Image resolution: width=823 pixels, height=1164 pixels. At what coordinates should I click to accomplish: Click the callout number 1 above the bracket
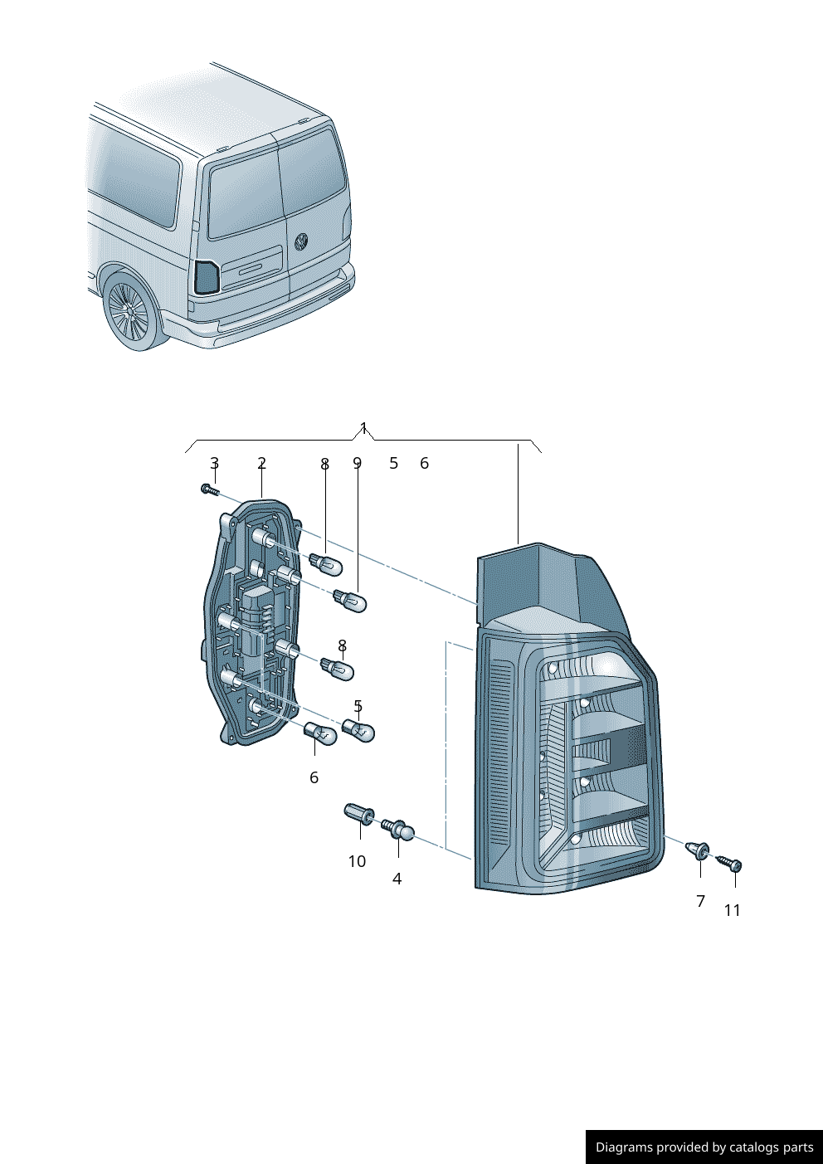[x=363, y=428]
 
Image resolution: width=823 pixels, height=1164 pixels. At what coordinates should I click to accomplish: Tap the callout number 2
[x=261, y=462]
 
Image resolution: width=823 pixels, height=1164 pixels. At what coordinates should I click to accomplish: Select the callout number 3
[x=214, y=462]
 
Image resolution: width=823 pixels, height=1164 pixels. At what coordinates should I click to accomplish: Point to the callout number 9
[x=357, y=462]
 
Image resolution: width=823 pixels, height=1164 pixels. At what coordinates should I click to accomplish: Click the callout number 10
[x=357, y=861]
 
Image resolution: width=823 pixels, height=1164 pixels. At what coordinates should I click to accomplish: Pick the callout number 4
[x=397, y=879]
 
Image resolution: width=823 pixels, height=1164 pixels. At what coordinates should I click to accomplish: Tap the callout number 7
[x=700, y=901]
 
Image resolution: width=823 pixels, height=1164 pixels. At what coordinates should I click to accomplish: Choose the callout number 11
[x=732, y=910]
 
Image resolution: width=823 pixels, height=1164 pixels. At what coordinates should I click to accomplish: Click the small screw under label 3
[x=209, y=489]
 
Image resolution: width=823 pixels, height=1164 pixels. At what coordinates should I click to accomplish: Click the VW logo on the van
[x=301, y=241]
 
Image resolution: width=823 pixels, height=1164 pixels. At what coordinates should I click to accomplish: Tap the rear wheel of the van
[x=130, y=311]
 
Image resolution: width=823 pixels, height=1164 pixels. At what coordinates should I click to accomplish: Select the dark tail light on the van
[x=207, y=277]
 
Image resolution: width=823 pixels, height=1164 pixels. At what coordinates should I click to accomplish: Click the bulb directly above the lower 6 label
[x=319, y=733]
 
